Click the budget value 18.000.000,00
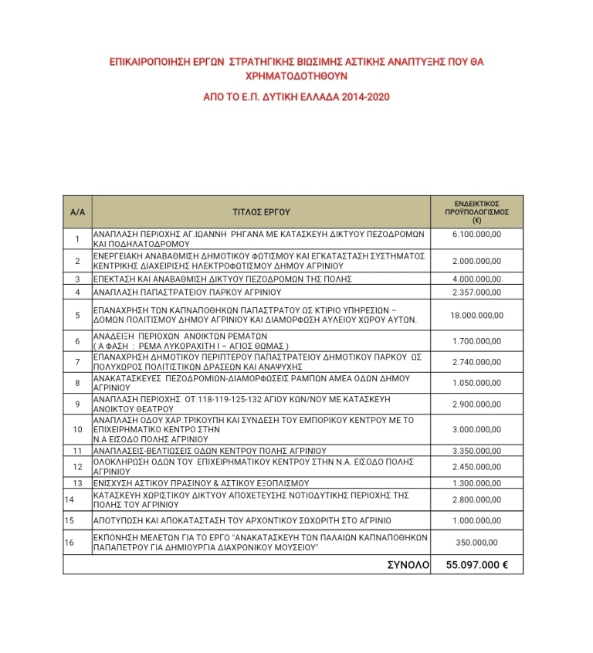pyautogui.click(x=476, y=315)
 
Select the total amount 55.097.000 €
pyautogui.click(x=476, y=565)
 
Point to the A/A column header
pyautogui.click(x=77, y=210)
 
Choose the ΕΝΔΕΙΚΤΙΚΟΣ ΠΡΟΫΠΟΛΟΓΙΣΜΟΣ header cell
pyautogui.click(x=476, y=210)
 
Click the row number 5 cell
pyautogui.click(x=77, y=315)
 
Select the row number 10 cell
pyautogui.click(x=77, y=429)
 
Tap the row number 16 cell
pyautogui.click(x=70, y=543)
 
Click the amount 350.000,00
pyautogui.click(x=476, y=543)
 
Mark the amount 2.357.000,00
pyautogui.click(x=476, y=292)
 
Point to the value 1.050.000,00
pyautogui.click(x=476, y=382)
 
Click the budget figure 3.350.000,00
pyautogui.click(x=476, y=450)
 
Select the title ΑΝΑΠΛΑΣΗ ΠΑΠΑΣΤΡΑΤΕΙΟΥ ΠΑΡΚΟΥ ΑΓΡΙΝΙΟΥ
pyautogui.click(x=186, y=292)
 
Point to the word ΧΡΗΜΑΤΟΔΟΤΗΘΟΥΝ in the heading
pyautogui.click(x=296, y=77)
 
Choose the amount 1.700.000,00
pyautogui.click(x=476, y=340)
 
